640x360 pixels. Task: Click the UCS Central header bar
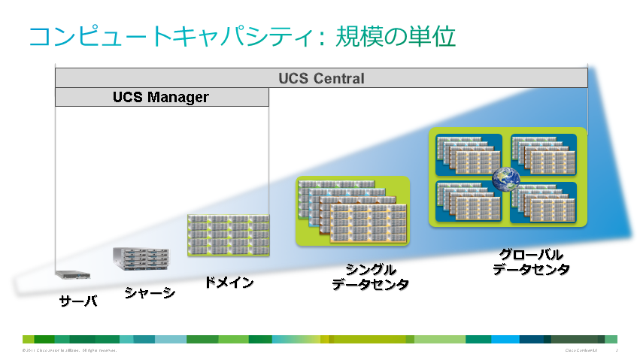point(321,78)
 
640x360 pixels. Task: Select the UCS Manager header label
point(161,98)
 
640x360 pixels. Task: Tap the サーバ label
point(78,301)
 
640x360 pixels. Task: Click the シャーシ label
point(150,292)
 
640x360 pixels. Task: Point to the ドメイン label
point(229,283)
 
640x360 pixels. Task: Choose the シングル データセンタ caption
point(370,277)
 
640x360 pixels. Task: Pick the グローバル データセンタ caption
point(531,262)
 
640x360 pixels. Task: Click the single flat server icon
point(73,274)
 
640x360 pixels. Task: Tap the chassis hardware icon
point(141,259)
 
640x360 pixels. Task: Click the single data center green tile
point(353,211)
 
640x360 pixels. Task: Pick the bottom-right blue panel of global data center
point(544,202)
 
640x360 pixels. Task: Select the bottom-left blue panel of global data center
point(466,202)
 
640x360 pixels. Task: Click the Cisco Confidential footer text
point(580,350)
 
